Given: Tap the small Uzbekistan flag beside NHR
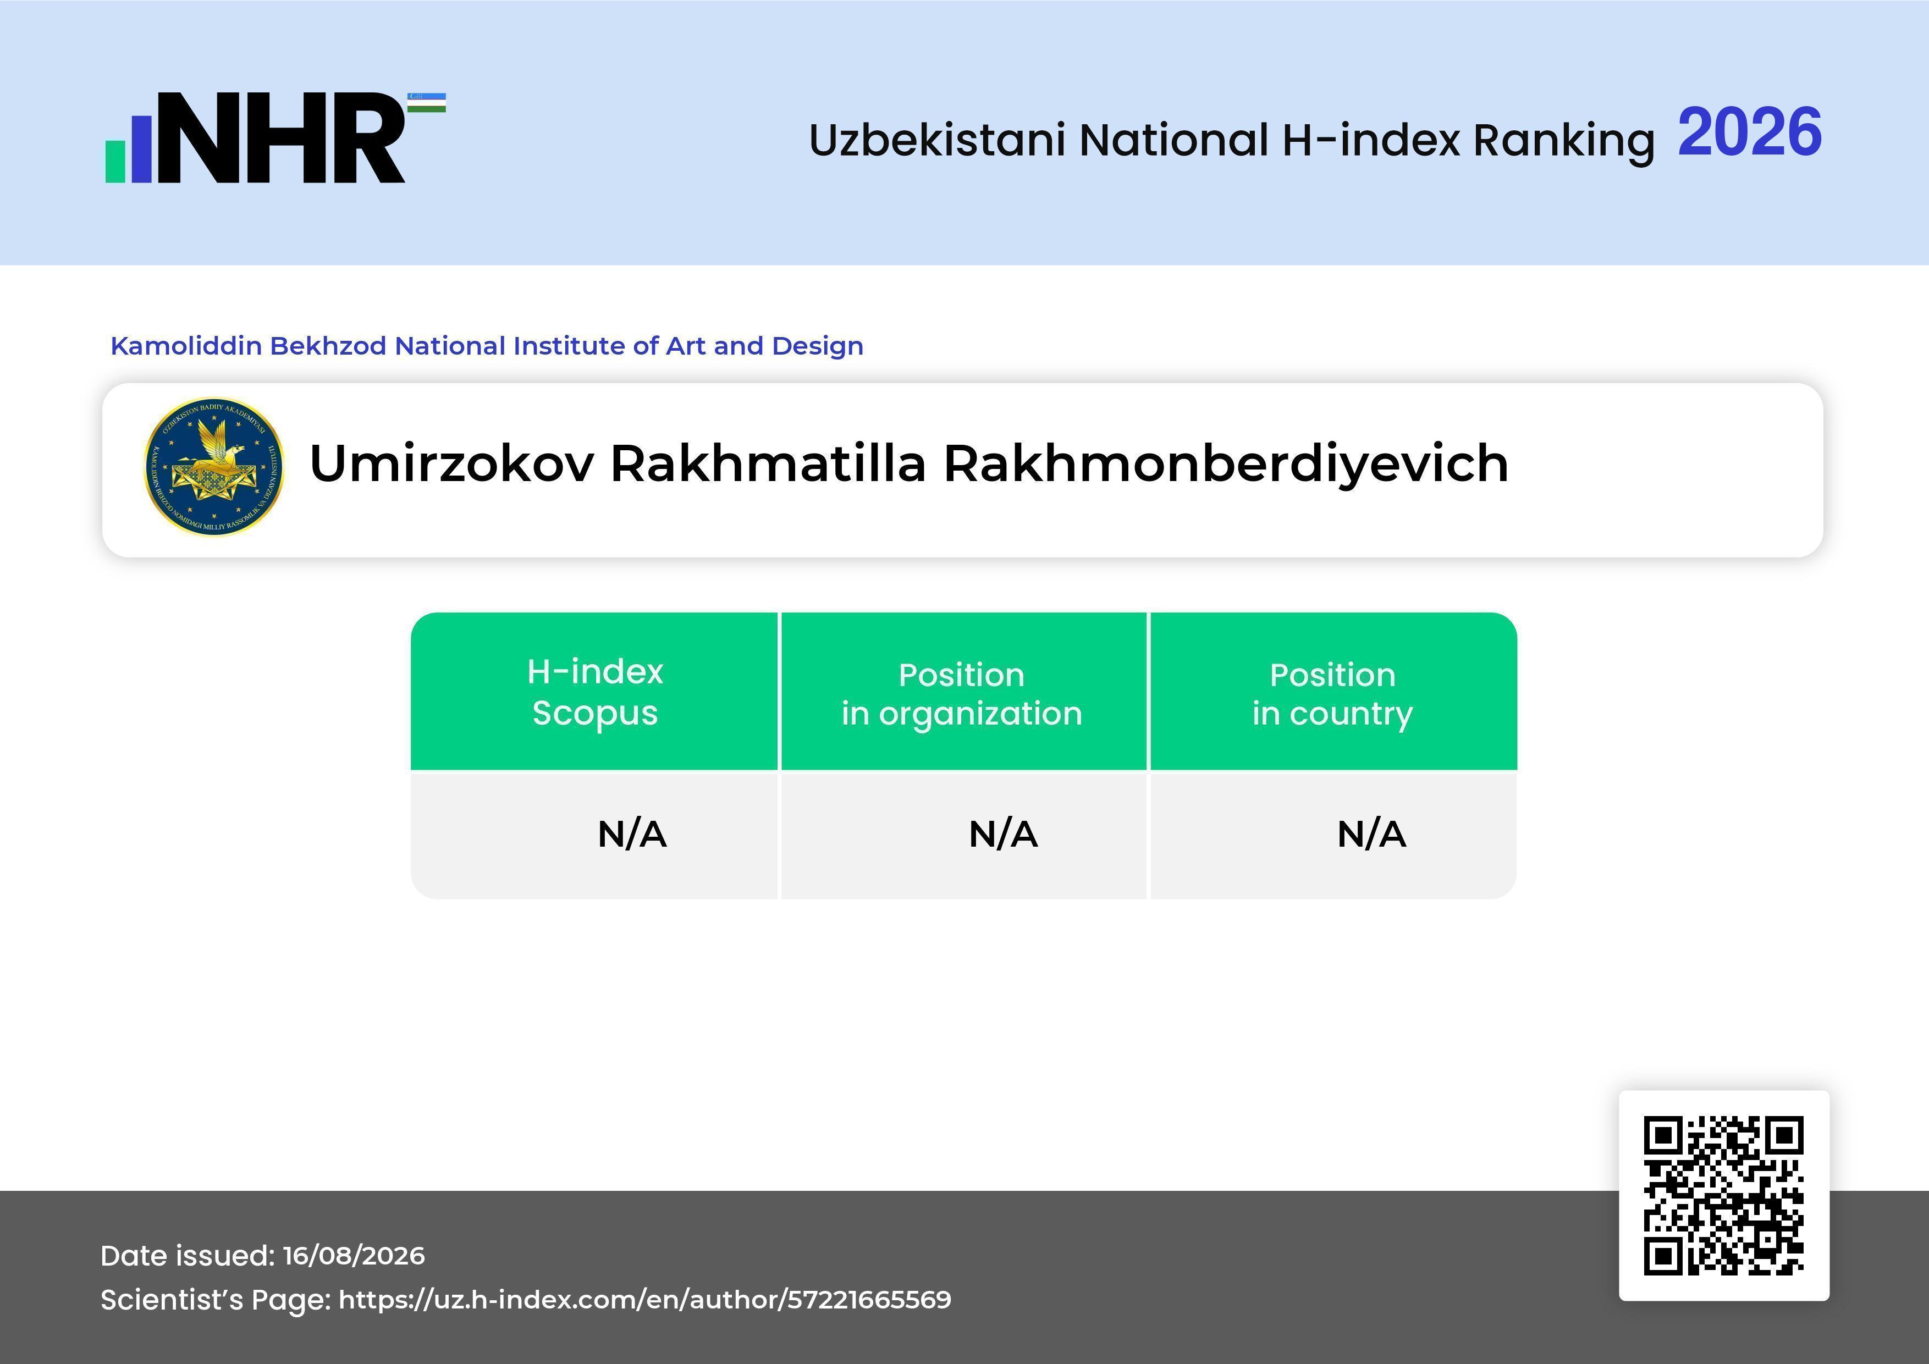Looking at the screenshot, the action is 427,102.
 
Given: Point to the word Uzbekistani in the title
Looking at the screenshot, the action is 938,140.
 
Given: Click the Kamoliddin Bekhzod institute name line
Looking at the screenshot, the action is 487,345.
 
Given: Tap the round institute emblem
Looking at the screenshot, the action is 214,467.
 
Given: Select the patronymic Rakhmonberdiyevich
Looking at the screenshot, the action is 1226,465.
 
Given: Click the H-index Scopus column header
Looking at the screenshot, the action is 595,692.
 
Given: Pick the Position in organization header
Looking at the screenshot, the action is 962,694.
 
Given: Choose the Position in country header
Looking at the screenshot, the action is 1332,694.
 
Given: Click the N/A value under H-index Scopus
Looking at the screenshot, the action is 632,834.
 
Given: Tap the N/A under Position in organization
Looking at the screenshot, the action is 1003,834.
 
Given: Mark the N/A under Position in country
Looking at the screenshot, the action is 1371,834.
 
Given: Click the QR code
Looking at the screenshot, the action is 1724,1195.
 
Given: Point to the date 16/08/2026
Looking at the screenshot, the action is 354,1256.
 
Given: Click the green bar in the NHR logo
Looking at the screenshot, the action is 115,161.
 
